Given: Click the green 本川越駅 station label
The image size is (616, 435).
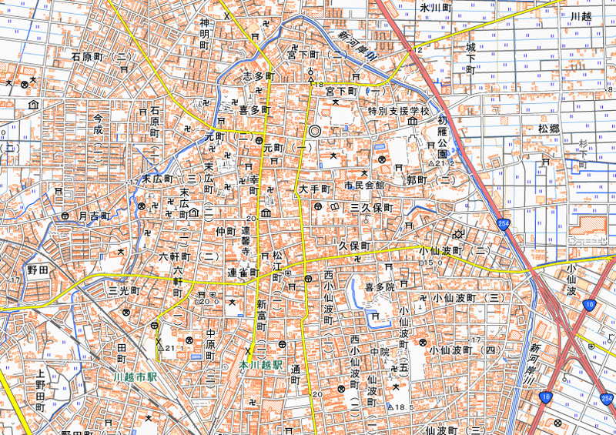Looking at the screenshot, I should pos(261,364).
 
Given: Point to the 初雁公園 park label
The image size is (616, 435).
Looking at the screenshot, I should pos(442,137).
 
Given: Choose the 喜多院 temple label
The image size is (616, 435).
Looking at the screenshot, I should pos(380,286).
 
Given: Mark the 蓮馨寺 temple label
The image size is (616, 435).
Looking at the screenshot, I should pos(246,241).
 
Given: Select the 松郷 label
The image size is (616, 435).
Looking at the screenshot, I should pos(549,128).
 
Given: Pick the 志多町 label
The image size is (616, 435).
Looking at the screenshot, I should pos(259,76).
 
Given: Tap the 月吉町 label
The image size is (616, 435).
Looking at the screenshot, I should pos(95,217).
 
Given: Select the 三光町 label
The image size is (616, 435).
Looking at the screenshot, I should pos(122,291).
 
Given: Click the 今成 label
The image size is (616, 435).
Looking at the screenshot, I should pos(98,125).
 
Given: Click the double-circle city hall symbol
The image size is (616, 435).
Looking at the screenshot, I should pos(314,131).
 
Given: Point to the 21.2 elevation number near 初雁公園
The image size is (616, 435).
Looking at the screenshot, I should pos(440,164).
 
